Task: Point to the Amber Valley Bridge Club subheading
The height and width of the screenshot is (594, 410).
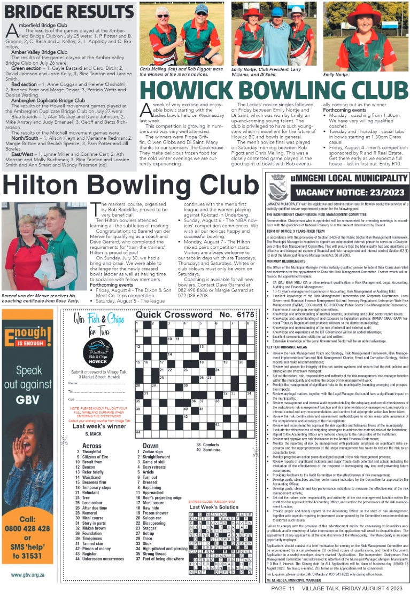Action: (x=40, y=52)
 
